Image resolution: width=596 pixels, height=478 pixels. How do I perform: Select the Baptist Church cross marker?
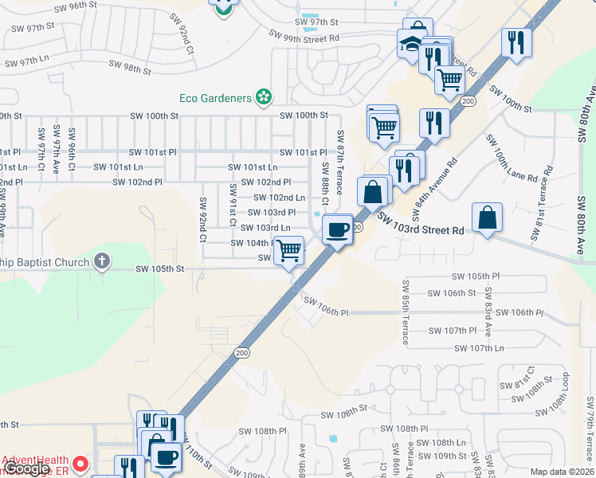(x=101, y=261)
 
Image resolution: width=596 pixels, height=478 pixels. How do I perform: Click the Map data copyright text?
(x=562, y=472)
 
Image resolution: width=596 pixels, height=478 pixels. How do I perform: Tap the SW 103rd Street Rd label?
(x=420, y=222)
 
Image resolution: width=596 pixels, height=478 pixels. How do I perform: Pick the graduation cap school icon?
(x=411, y=44)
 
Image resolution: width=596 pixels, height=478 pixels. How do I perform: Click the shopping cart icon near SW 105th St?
(x=288, y=250)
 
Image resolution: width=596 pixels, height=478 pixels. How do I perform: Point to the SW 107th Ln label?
(x=479, y=348)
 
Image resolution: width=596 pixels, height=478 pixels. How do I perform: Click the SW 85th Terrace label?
(x=405, y=312)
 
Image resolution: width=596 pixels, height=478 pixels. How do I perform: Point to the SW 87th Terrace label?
(x=340, y=162)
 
